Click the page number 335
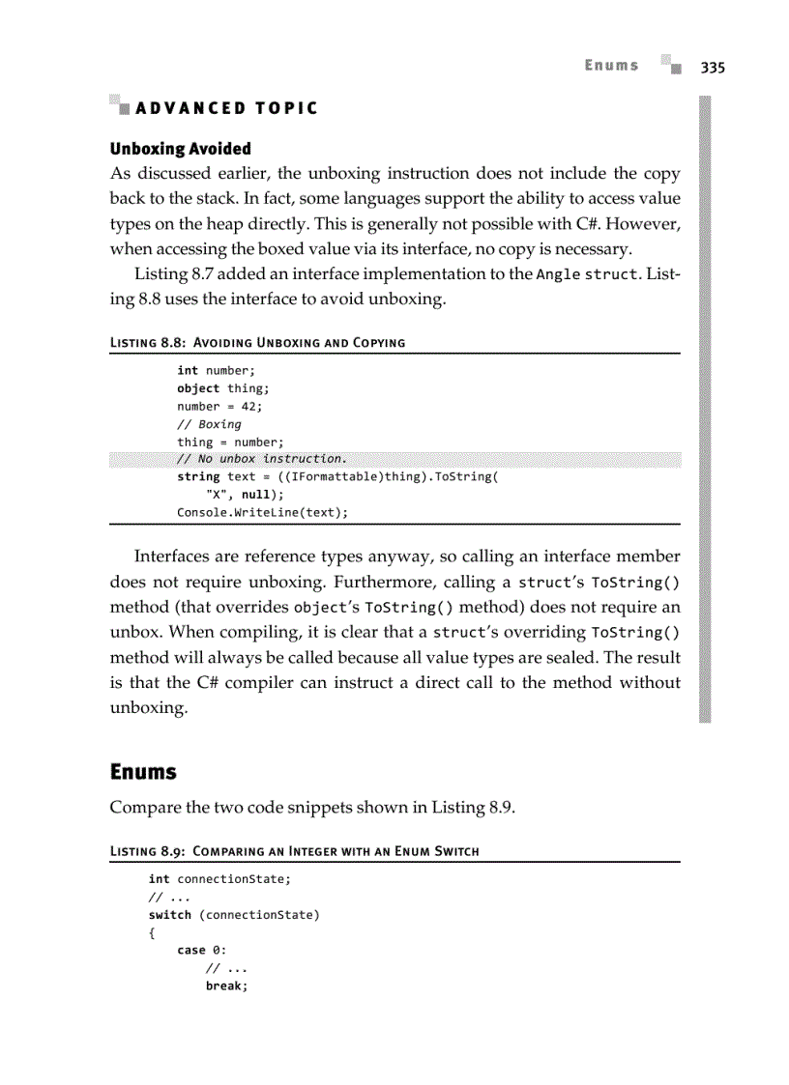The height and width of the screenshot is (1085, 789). pos(713,67)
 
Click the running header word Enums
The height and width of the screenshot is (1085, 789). pos(611,66)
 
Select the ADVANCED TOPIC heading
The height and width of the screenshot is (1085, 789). pos(226,108)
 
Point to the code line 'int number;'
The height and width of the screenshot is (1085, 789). pos(216,370)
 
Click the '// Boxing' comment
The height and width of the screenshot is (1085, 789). pos(209,423)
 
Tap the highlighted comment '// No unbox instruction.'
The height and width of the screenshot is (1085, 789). pos(261,458)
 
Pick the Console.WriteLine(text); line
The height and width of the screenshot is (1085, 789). pos(262,512)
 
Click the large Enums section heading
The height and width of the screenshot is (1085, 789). pos(143,772)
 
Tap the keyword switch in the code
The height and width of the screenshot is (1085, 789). pos(169,914)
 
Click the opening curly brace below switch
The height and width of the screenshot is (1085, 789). pos(152,932)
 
